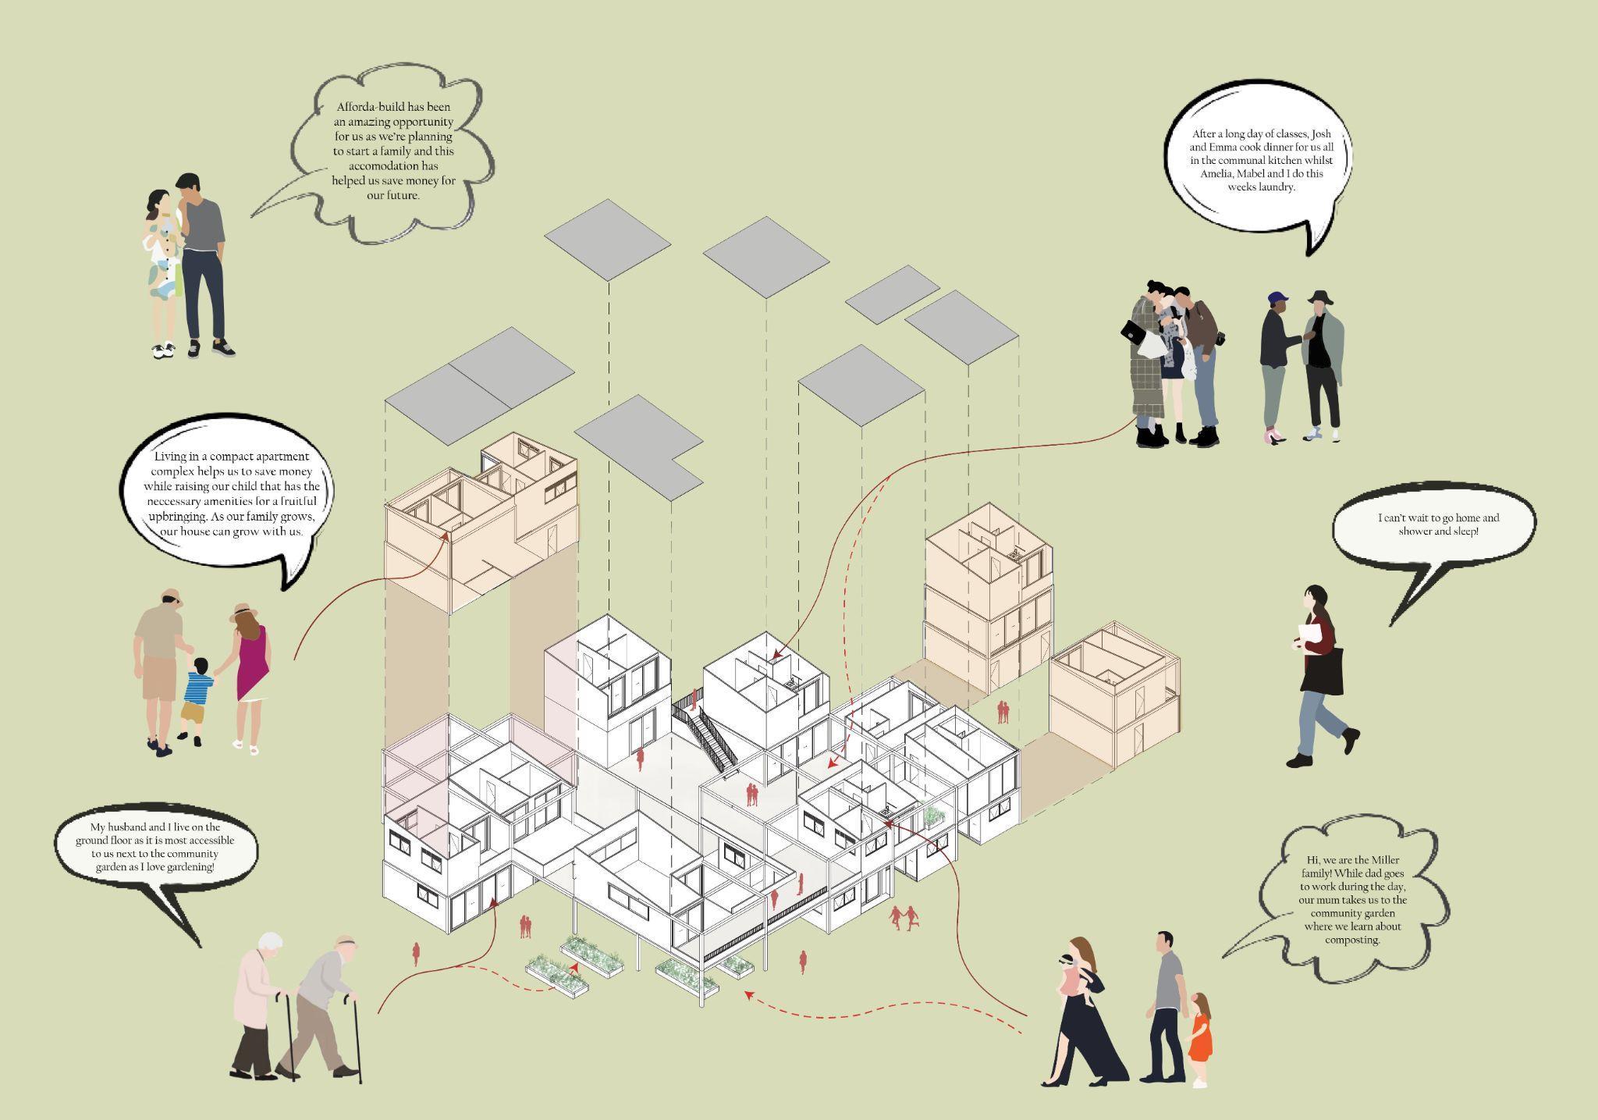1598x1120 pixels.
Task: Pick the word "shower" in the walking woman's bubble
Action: click(x=1412, y=532)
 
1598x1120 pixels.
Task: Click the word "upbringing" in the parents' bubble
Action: click(x=182, y=517)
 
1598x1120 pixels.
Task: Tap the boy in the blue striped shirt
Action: click(x=197, y=698)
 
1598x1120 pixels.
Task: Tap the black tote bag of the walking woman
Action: click(x=1321, y=672)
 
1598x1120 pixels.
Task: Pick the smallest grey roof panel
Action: click(x=892, y=293)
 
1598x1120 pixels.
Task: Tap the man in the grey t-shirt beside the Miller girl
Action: click(x=1166, y=1007)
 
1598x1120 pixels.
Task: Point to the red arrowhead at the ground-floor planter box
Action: click(x=575, y=967)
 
